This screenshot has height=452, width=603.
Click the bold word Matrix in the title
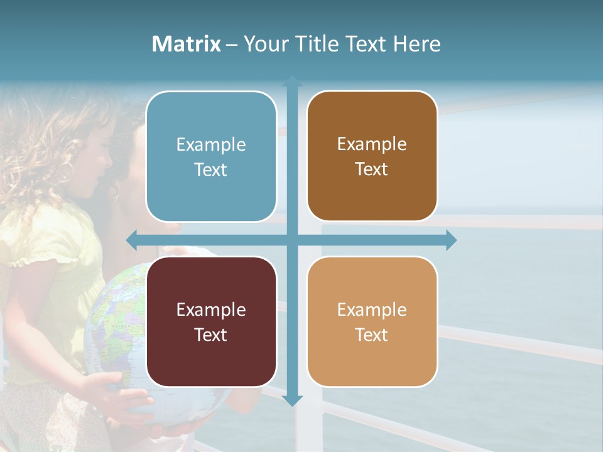[x=187, y=44]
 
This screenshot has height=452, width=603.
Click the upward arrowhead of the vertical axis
[x=292, y=80]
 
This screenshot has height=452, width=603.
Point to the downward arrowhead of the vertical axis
[x=292, y=400]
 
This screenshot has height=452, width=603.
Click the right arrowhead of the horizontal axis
[x=451, y=240]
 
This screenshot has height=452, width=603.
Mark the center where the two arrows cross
[x=292, y=240]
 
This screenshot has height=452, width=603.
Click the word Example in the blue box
[x=211, y=145]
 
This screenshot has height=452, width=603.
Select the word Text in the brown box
[x=372, y=169]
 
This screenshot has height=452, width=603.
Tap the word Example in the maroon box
[x=211, y=309]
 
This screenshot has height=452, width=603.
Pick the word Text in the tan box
[x=372, y=335]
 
